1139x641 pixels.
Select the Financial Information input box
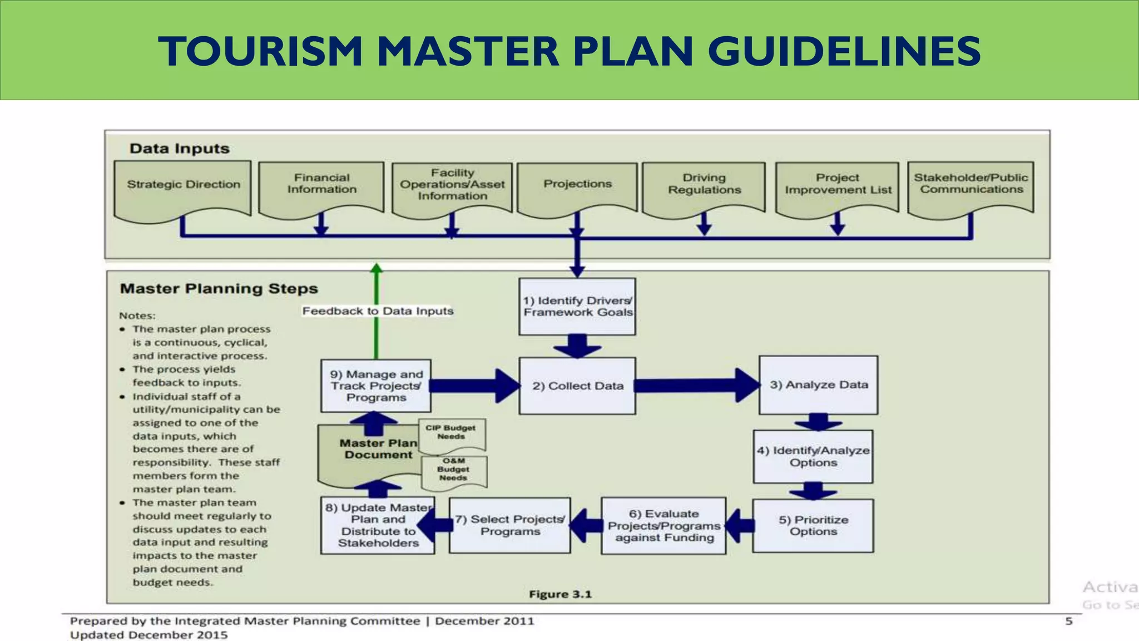pos(321,185)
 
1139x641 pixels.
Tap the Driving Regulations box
pos(704,185)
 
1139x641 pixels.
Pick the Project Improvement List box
pos(837,185)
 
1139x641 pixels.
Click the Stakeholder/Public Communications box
pos(970,185)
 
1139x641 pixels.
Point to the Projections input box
pos(577,185)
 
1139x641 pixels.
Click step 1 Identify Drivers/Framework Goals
pos(577,307)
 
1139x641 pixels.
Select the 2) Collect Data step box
pos(577,386)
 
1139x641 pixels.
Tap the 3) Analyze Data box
pos(818,385)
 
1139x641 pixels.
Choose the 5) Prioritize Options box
pos(813,525)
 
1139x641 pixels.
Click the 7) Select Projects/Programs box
pos(510,525)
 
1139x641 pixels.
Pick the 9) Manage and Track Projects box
pos(376,386)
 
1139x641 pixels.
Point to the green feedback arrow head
pos(377,269)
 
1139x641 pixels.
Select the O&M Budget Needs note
pos(453,470)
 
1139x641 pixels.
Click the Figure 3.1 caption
pos(560,594)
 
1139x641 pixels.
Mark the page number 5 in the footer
pos(1068,621)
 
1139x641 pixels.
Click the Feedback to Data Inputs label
pos(378,311)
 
